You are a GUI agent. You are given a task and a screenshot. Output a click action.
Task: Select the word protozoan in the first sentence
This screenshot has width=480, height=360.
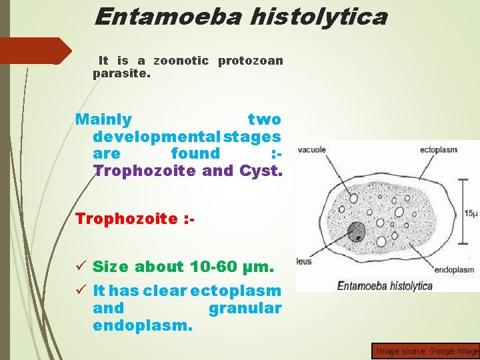pos(250,61)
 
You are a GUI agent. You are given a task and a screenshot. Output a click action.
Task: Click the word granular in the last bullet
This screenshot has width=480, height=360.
pos(245,309)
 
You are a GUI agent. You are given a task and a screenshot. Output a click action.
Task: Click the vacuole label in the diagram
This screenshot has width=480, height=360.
pos(311,150)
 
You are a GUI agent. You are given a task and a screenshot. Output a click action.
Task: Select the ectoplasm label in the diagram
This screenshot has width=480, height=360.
pos(438,150)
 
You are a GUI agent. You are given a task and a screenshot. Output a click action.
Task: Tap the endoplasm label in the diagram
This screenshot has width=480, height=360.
pos(454,270)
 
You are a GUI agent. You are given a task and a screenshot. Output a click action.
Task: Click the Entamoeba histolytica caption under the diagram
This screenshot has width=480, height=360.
pos(385,286)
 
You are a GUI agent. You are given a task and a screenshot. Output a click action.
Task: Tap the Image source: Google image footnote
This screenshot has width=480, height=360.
pos(427,351)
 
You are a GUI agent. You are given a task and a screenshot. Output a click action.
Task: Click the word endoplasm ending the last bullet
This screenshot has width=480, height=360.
pos(143,327)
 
